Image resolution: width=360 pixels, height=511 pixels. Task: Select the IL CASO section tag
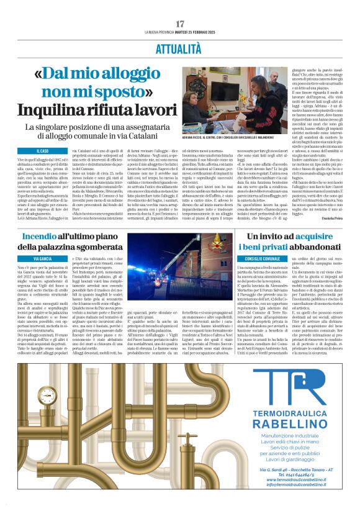click(x=42, y=150)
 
